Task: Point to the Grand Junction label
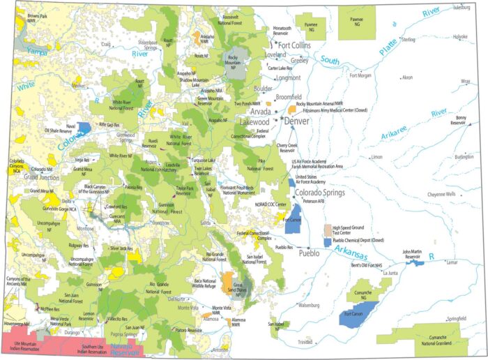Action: coord(24,177)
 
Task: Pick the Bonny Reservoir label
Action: coord(458,120)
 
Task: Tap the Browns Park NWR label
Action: coord(37,17)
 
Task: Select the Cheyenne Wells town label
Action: coord(441,194)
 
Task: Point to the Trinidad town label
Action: coord(305,343)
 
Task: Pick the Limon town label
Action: coord(377,157)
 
